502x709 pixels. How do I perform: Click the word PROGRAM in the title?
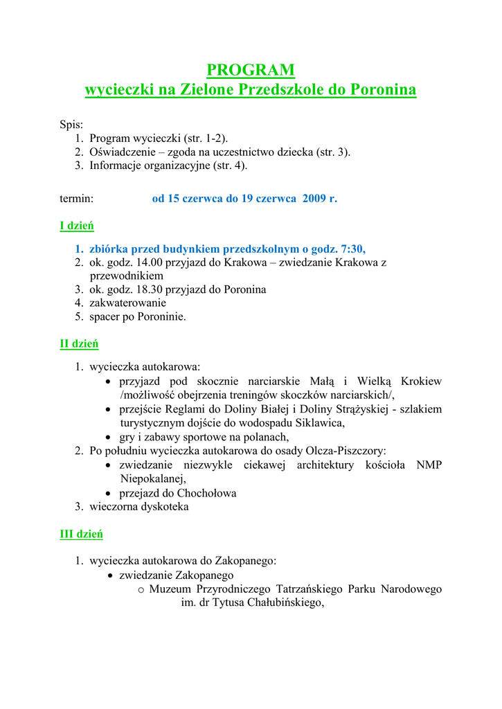[x=251, y=70]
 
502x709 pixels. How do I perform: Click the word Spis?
[x=71, y=125]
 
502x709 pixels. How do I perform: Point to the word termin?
[x=76, y=199]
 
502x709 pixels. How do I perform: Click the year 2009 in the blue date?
[x=314, y=199]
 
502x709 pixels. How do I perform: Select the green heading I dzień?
[x=77, y=226]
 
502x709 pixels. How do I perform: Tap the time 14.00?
[x=150, y=262]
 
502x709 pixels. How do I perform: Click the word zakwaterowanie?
[x=127, y=303]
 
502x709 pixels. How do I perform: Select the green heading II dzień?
[x=79, y=343]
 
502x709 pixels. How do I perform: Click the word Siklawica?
[x=320, y=423]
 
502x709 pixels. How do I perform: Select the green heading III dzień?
[x=81, y=534]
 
